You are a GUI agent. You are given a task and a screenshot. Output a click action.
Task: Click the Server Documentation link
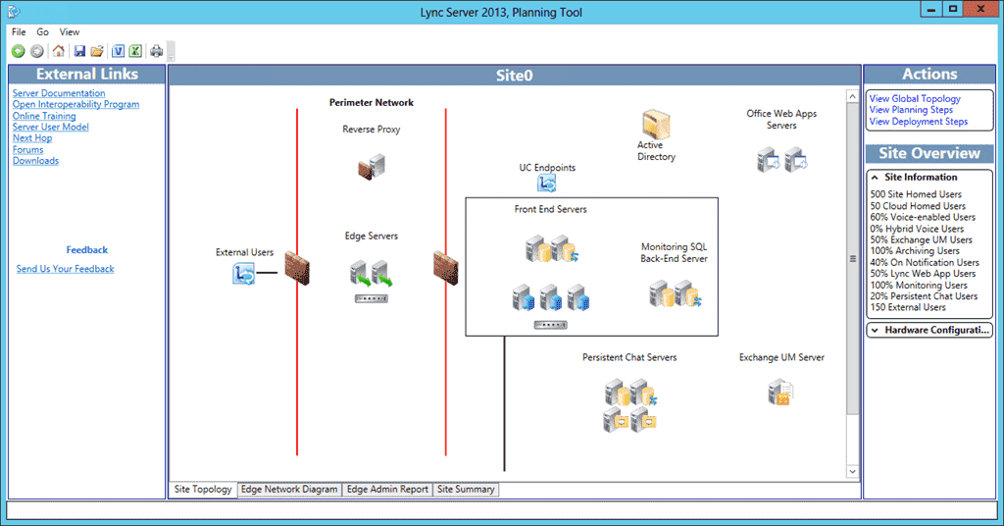point(59,93)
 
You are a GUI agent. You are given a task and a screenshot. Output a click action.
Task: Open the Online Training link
point(44,116)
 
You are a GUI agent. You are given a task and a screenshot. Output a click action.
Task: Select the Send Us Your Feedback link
point(65,269)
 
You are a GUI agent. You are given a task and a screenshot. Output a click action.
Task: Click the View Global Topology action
point(915,99)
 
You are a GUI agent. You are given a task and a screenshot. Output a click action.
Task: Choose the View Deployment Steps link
point(918,122)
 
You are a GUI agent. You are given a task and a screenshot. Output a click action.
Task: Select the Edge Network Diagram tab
point(289,489)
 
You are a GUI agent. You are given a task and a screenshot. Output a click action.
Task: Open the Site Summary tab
point(466,489)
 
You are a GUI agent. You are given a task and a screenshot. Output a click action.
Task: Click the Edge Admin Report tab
point(387,489)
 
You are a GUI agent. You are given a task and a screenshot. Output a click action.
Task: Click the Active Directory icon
point(656,125)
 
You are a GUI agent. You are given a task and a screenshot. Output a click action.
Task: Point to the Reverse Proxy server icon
point(371,166)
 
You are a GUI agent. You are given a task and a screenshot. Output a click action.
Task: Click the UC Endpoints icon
point(547,183)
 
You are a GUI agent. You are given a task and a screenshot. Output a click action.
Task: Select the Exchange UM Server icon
point(780,393)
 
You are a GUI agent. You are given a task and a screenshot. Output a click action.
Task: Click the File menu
point(19,32)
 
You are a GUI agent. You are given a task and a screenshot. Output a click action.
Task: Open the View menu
point(70,32)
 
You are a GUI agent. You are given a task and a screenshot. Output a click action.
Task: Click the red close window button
point(976,9)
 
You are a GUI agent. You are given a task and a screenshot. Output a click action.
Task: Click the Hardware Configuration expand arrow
point(874,331)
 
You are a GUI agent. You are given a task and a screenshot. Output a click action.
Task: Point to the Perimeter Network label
point(372,103)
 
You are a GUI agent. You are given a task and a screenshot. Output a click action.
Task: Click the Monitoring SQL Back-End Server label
point(675,253)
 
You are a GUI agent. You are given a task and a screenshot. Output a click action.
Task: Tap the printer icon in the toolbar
point(156,51)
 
